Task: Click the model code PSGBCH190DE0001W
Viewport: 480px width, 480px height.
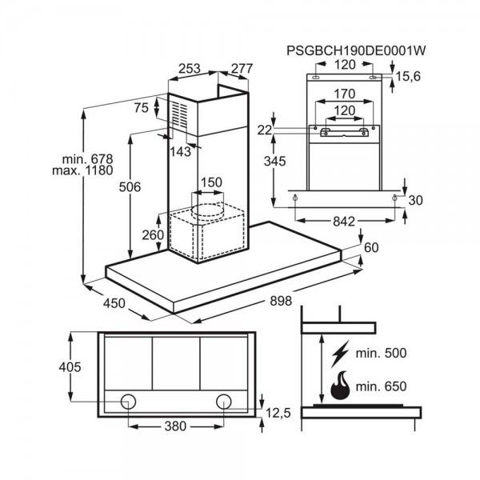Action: [355, 50]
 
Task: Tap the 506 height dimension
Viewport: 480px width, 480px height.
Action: [130, 187]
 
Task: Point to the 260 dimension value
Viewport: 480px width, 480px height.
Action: [152, 234]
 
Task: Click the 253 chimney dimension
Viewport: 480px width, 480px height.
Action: [190, 70]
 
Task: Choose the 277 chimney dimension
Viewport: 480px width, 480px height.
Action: [241, 70]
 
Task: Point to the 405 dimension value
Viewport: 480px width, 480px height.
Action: [71, 367]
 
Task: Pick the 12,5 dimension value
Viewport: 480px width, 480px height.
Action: [278, 412]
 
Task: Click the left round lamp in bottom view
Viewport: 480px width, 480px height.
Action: [129, 400]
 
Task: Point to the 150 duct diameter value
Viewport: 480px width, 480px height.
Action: [210, 183]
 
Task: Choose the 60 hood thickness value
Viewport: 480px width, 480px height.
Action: [370, 247]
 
